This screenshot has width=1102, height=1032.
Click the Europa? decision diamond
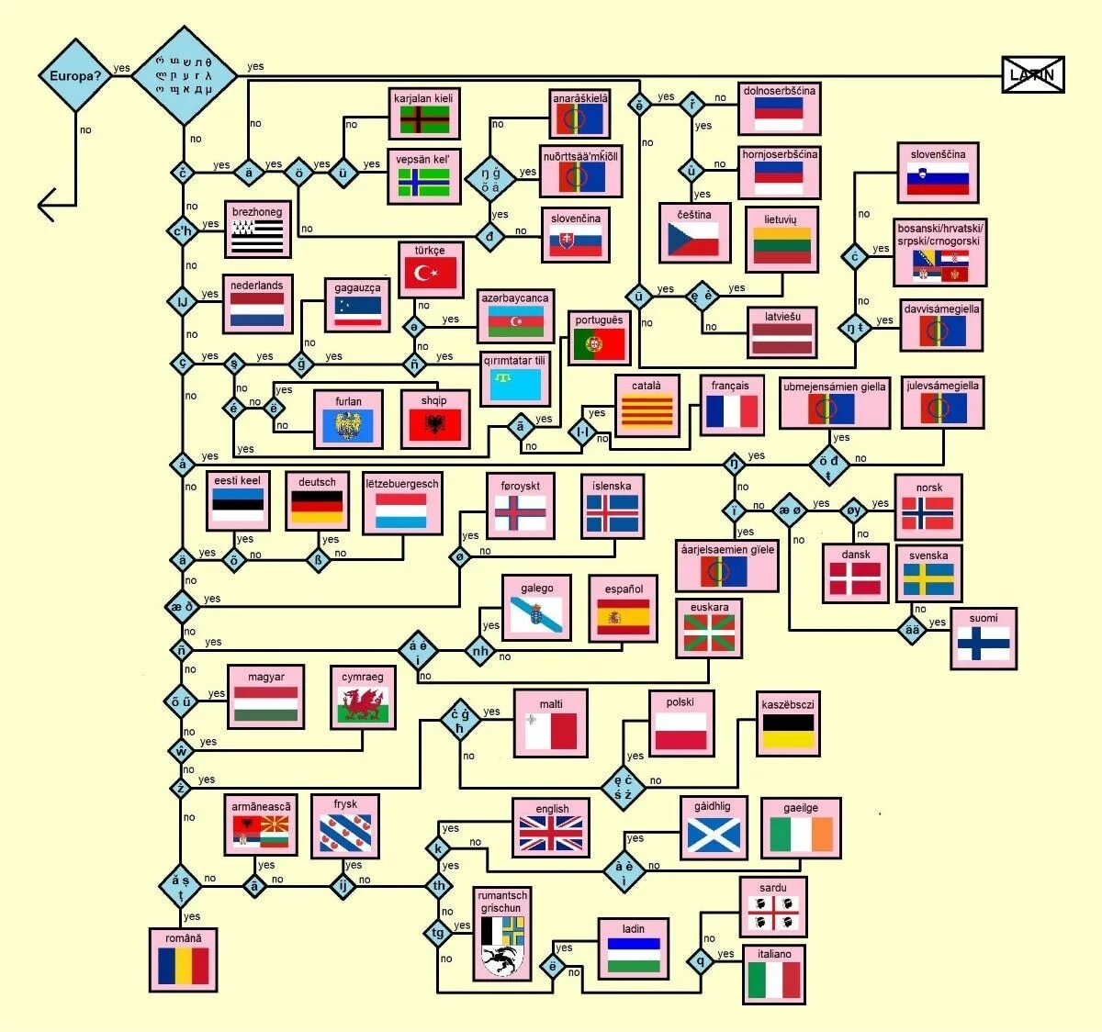click(x=74, y=75)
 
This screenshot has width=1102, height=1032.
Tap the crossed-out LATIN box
click(x=1032, y=74)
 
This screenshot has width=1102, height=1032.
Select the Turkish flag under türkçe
click(x=432, y=273)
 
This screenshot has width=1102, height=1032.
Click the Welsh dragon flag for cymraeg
click(x=363, y=705)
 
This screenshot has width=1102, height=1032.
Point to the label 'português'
click(x=599, y=320)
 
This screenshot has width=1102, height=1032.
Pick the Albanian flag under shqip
click(x=434, y=424)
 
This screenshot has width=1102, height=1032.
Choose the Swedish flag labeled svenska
click(x=928, y=579)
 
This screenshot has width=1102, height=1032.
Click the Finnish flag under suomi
click(x=983, y=643)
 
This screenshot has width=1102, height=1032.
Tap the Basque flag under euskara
click(x=709, y=633)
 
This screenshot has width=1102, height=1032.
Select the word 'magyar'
click(x=265, y=677)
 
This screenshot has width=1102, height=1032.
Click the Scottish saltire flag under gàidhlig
click(x=713, y=834)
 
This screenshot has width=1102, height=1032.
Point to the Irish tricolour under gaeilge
click(x=801, y=835)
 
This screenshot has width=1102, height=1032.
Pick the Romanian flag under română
click(x=183, y=966)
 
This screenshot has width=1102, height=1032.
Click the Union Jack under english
click(x=551, y=834)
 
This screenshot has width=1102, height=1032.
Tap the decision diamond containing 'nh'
click(x=480, y=652)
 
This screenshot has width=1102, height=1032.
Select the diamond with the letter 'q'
click(x=701, y=961)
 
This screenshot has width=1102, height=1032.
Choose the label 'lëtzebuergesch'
click(x=402, y=484)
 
